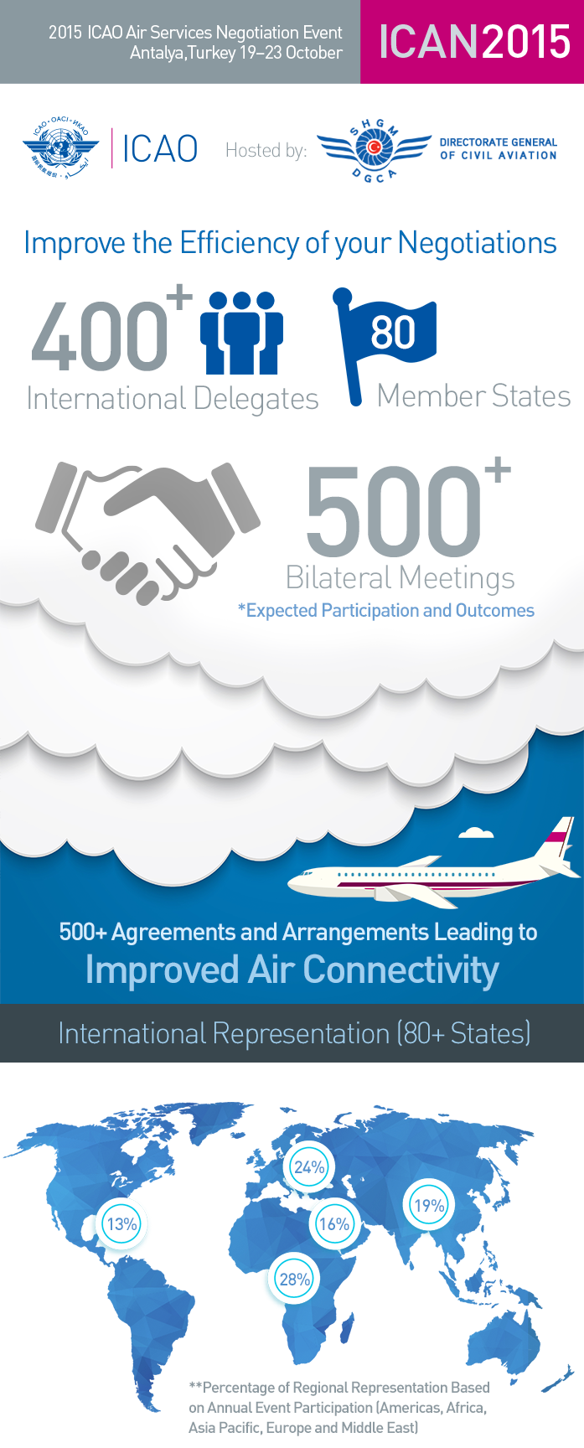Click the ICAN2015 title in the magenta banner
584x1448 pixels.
[x=474, y=42]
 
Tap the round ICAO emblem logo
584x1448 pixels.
[x=61, y=149]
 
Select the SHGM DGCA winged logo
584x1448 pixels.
[x=375, y=149]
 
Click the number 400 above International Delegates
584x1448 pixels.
[x=100, y=336]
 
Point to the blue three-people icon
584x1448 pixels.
[x=241, y=333]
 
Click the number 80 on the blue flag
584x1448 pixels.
[x=393, y=332]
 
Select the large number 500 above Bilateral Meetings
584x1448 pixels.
[x=393, y=513]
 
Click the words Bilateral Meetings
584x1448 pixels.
[x=400, y=578]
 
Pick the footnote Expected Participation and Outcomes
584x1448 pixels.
[x=385, y=610]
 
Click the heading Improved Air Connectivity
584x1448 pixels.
[x=292, y=970]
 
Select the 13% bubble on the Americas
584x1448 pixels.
[x=121, y=1224]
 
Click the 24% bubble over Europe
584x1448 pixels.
[x=309, y=1167]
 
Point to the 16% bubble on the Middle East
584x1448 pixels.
[x=334, y=1224]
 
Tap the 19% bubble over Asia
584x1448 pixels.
[x=429, y=1206]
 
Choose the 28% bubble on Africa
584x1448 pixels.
[x=295, y=1280]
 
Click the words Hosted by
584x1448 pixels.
[x=266, y=151]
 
